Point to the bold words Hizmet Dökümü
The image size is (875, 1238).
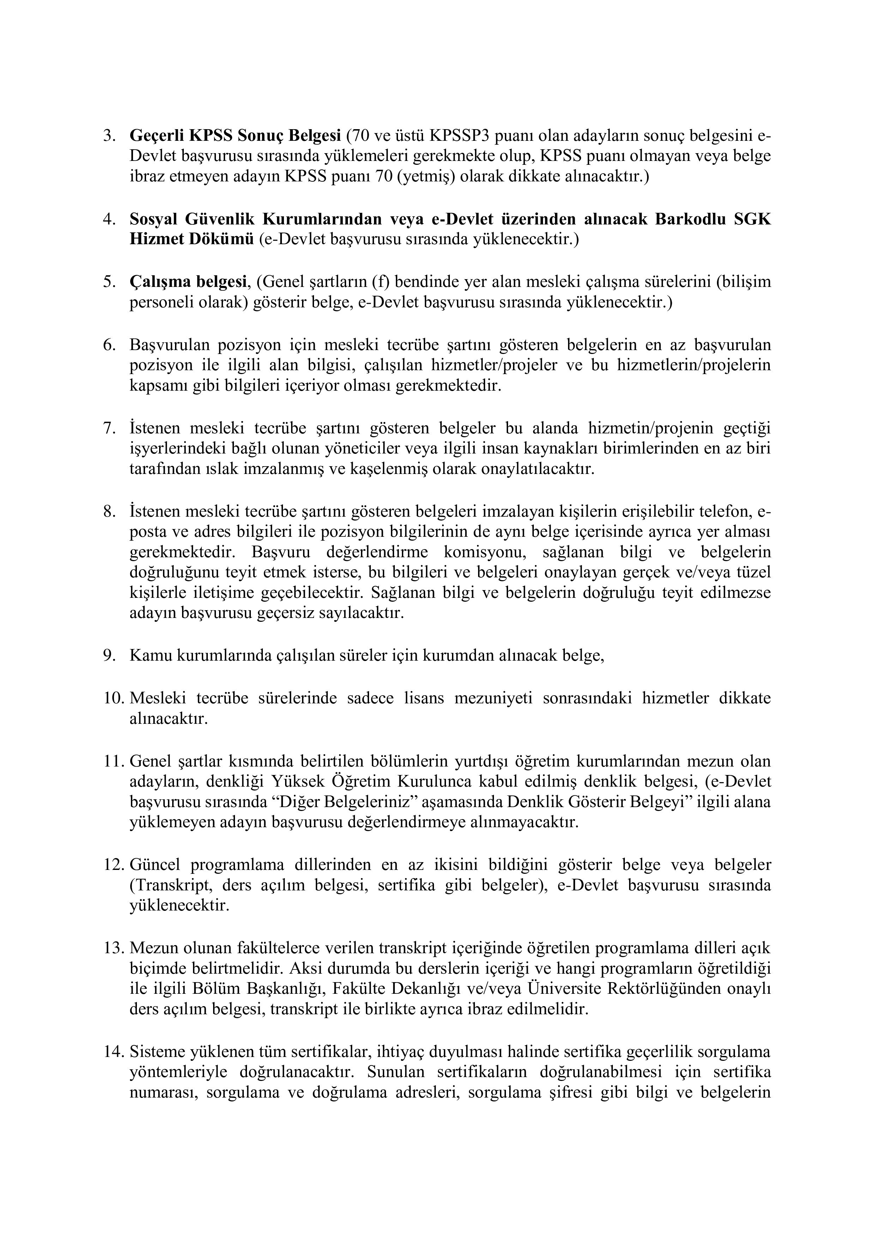coord(191,239)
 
